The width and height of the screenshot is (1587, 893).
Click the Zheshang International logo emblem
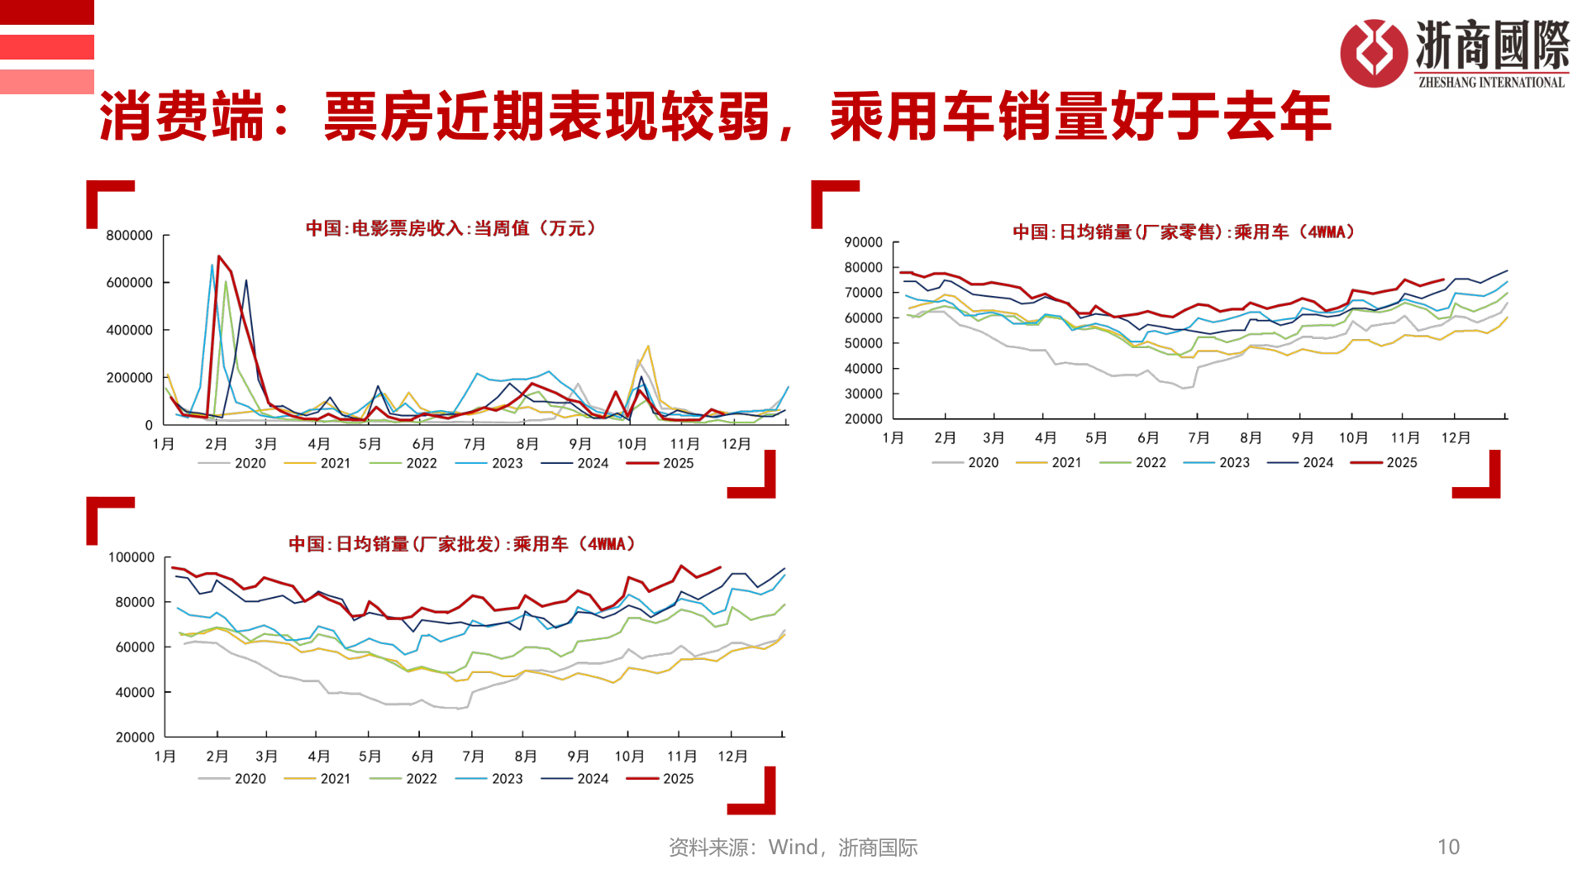[x=1373, y=53]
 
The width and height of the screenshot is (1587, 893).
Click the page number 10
[x=1448, y=847]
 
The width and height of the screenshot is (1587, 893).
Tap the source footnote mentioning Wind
[x=792, y=848]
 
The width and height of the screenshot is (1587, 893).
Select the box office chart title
[x=450, y=228]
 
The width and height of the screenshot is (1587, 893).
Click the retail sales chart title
[x=1184, y=232]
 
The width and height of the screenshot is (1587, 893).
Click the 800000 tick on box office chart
[x=130, y=236]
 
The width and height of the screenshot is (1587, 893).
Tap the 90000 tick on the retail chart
[x=863, y=242]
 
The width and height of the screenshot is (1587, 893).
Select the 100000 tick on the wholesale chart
[x=131, y=557]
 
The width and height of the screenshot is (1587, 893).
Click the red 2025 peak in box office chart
[x=219, y=256]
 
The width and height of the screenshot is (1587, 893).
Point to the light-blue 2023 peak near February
[x=212, y=265]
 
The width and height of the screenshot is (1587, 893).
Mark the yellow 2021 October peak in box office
[x=648, y=346]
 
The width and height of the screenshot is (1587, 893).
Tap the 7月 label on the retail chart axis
[x=1199, y=438]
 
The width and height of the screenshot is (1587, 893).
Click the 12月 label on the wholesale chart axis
[x=732, y=757]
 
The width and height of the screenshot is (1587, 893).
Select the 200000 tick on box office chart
[x=130, y=378]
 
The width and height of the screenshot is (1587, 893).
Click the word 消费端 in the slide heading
[x=180, y=117]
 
